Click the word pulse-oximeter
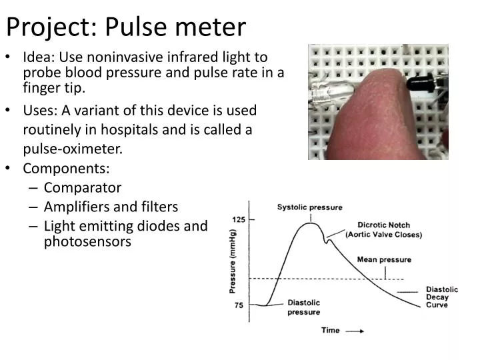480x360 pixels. pyautogui.click(x=84, y=149)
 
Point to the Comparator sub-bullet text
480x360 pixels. pyautogui.click(x=83, y=188)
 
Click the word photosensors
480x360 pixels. pyautogui.click(x=88, y=242)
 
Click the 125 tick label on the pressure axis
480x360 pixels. pyautogui.click(x=238, y=220)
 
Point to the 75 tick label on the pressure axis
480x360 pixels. pyautogui.click(x=239, y=305)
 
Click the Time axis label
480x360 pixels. pyautogui.click(x=331, y=330)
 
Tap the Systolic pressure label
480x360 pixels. pyautogui.click(x=309, y=207)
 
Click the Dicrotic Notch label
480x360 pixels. pyautogui.click(x=383, y=225)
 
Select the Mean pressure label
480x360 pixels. pyautogui.click(x=384, y=259)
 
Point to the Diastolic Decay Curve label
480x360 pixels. pyautogui.click(x=441, y=297)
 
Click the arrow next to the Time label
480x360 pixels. pyautogui.click(x=356, y=330)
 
